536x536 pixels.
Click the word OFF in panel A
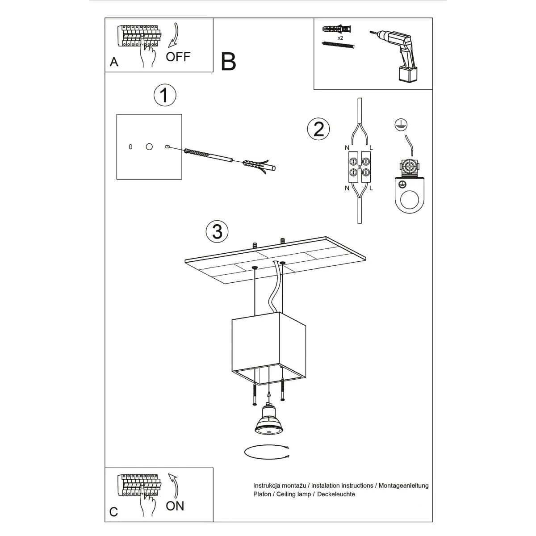point(178,57)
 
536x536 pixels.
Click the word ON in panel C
point(175,506)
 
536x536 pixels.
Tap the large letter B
point(228,62)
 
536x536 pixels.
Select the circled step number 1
point(165,96)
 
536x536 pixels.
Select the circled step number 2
point(318,129)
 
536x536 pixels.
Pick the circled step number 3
point(217,232)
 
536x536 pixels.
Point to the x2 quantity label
point(340,38)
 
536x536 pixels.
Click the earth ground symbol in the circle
point(401,126)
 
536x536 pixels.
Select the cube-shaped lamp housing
point(268,346)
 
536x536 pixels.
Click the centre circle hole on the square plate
point(149,147)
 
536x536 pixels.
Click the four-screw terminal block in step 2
point(360,166)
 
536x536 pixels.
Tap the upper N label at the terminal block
point(347,148)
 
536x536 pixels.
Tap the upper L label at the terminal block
point(371,148)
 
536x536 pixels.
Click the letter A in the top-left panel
point(114,62)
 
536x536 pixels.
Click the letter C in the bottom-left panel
point(113,511)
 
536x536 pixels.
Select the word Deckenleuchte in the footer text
point(336,494)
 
